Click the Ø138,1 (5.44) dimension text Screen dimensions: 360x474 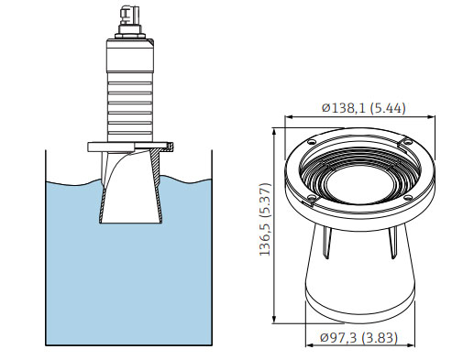364,108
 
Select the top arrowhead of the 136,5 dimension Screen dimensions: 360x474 274,132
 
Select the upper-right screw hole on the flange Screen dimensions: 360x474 403,142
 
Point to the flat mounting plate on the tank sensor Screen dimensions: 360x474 130,145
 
